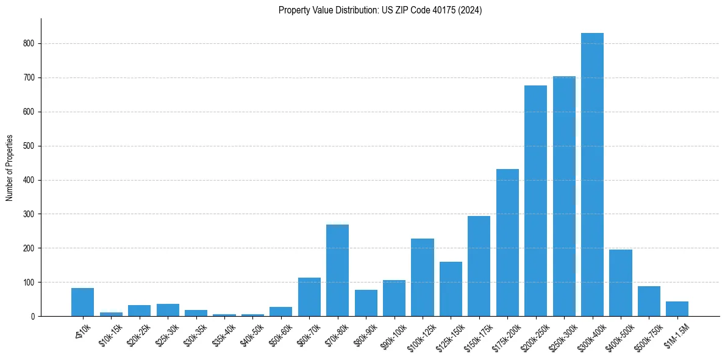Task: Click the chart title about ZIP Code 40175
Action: [380, 10]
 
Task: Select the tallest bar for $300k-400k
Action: [592, 175]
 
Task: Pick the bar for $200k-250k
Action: [535, 201]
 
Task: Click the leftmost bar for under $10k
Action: [82, 302]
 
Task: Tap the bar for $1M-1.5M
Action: [677, 309]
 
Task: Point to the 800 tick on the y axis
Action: [30, 44]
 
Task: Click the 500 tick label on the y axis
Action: [30, 146]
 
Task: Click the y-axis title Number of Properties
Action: [9, 168]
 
